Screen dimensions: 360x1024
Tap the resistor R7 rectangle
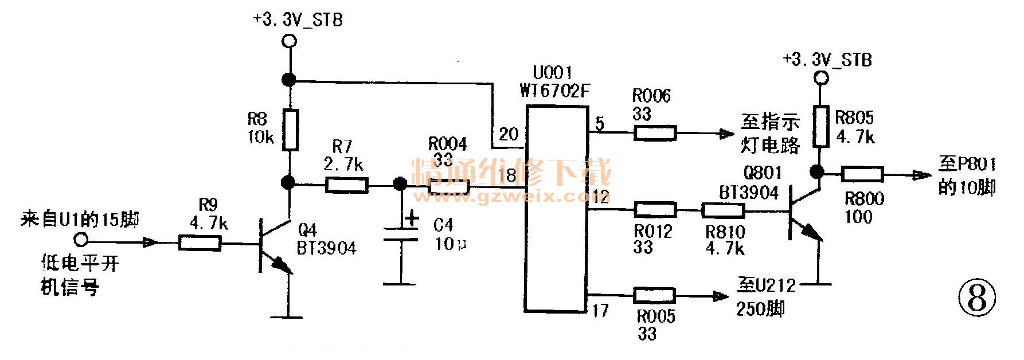(347, 184)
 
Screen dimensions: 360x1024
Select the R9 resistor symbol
(200, 243)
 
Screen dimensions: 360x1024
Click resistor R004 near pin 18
(450, 186)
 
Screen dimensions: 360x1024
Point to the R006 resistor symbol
(655, 134)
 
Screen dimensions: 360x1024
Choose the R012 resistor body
(655, 210)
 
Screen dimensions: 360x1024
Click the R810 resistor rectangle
(724, 211)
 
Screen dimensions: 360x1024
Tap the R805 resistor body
(821, 126)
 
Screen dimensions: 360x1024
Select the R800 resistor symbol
(862, 173)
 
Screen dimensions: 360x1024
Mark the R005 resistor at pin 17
(654, 296)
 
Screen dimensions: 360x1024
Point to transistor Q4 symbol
(272, 243)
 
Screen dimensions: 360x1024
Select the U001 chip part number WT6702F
(554, 91)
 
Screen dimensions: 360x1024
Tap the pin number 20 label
(509, 135)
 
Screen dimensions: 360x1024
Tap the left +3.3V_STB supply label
(298, 20)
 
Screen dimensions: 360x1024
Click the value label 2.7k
(343, 165)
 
